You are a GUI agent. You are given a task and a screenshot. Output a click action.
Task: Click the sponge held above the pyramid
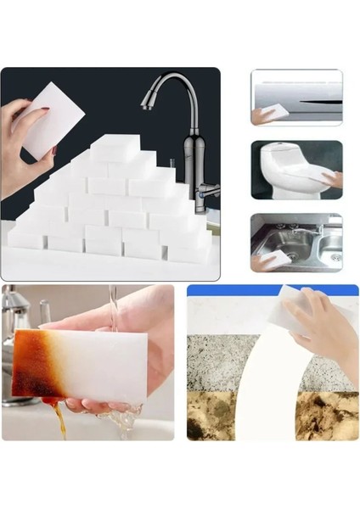(53, 127)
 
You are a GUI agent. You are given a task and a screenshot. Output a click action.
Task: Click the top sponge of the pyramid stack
(115, 148)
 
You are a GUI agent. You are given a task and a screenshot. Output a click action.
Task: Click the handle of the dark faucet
(209, 190)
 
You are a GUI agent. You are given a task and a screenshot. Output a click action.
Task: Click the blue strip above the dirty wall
(229, 290)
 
